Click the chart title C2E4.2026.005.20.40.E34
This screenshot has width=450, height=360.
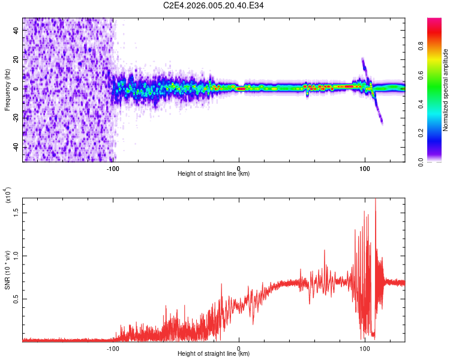214,5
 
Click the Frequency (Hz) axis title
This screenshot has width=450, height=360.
7,90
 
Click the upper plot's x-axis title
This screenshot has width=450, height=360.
214,174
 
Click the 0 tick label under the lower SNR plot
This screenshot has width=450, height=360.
239,347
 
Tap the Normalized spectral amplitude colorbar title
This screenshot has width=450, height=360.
446,90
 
